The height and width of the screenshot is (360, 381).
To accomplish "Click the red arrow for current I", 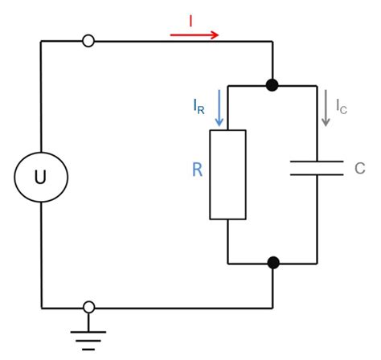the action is [195, 35].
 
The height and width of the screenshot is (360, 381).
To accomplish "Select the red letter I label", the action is [190, 21].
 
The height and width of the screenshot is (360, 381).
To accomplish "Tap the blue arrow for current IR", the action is [219, 108].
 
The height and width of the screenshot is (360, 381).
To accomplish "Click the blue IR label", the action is [199, 107].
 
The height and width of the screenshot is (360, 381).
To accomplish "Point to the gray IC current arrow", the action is [326, 108].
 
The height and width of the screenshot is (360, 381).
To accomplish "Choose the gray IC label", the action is [342, 107].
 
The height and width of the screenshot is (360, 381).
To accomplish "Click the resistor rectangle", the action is [227, 174].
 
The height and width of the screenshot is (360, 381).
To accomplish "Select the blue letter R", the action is [198, 170].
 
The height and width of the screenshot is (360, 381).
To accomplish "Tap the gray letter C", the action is [360, 168].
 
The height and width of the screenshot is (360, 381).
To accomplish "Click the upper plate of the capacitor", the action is [317, 162].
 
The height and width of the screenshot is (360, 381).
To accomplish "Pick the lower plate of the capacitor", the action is [317, 174].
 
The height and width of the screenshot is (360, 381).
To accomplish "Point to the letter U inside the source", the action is [40, 178].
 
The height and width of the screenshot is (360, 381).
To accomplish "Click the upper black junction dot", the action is [272, 85].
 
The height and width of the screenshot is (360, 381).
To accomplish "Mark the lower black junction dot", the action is [273, 263].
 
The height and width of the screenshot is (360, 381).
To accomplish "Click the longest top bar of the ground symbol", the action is [88, 332].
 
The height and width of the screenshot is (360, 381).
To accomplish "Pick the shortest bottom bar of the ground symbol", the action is [88, 350].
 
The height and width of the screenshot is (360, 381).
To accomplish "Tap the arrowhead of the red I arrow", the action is [215, 35].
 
